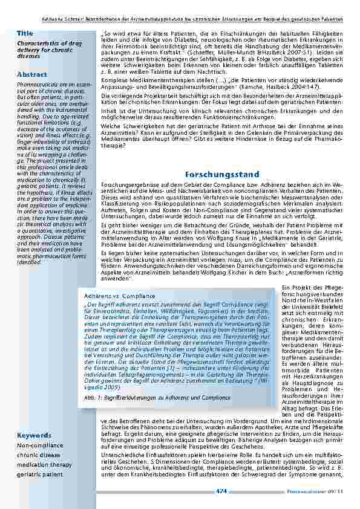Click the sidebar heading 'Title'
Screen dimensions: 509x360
25,33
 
